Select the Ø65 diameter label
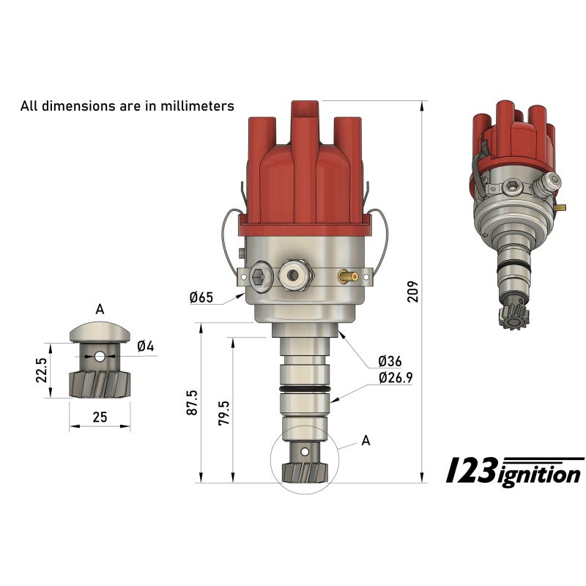click(x=201, y=297)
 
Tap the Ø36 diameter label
click(x=390, y=360)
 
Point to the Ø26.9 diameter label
click(x=396, y=378)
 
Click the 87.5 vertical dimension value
click(x=192, y=404)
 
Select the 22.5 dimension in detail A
click(x=42, y=370)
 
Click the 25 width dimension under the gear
click(x=100, y=418)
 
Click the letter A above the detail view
click(x=100, y=308)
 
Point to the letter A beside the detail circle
click(x=366, y=440)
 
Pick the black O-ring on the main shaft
click(x=304, y=388)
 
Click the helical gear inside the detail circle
click(x=304, y=472)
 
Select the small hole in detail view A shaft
click(x=100, y=357)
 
